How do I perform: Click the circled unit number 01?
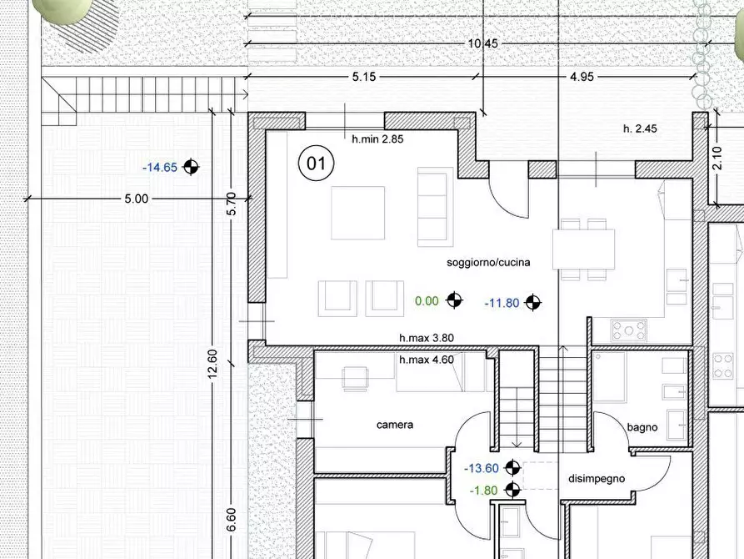point(316,164)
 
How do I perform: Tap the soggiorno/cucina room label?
point(488,262)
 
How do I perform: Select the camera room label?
point(395,425)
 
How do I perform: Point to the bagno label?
point(642,427)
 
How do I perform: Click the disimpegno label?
point(597,479)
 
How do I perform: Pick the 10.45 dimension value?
point(483,43)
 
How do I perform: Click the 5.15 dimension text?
point(364,77)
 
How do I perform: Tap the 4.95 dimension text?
point(582,77)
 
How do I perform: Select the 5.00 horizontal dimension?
point(137,199)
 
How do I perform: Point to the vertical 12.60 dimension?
point(212,364)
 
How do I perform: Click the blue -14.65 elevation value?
point(160,168)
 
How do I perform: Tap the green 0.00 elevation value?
point(427,301)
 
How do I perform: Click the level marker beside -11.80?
point(533,302)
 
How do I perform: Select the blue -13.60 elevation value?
point(481,468)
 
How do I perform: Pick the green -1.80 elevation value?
point(483,491)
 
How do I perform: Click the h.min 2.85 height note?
point(377,139)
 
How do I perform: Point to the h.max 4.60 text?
point(427,360)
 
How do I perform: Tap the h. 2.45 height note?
point(640,128)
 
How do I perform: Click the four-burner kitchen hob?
point(629,330)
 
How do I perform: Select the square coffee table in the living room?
point(357,213)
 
